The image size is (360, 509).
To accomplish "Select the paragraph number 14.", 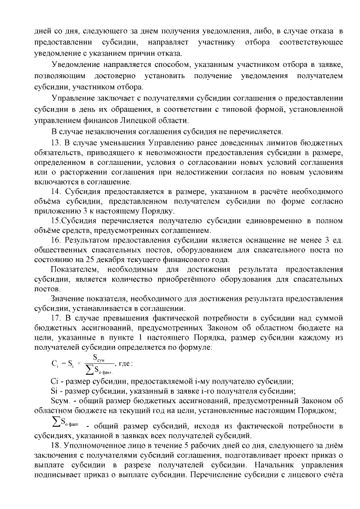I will pyautogui.click(x=56, y=192).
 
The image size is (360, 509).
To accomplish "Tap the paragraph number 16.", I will pyautogui.click(x=56, y=238).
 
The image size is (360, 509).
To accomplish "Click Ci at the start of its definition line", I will pyautogui.click(x=55, y=381).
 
